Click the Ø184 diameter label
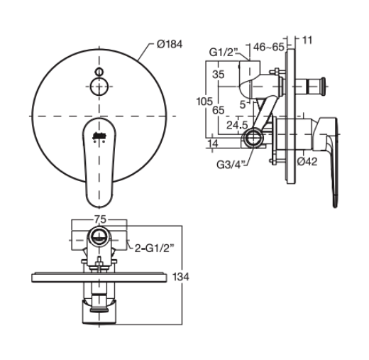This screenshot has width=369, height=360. [x=170, y=44]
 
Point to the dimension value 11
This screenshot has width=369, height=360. [x=307, y=40]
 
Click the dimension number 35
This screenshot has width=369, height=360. [x=219, y=74]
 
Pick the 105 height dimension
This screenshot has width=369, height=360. [x=204, y=101]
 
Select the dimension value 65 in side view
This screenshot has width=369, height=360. [x=219, y=110]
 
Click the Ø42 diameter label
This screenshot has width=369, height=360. [x=307, y=161]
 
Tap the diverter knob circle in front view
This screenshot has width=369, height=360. [x=99, y=87]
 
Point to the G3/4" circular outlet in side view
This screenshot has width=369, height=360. [x=253, y=137]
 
